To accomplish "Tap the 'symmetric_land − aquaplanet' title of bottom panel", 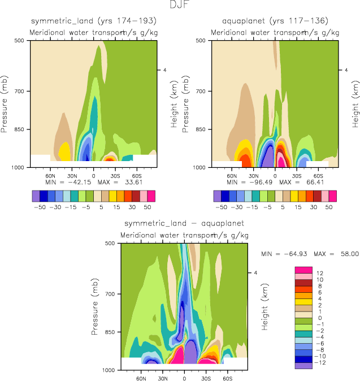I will (x=184, y=223).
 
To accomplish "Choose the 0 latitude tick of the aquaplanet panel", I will (x=275, y=176).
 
